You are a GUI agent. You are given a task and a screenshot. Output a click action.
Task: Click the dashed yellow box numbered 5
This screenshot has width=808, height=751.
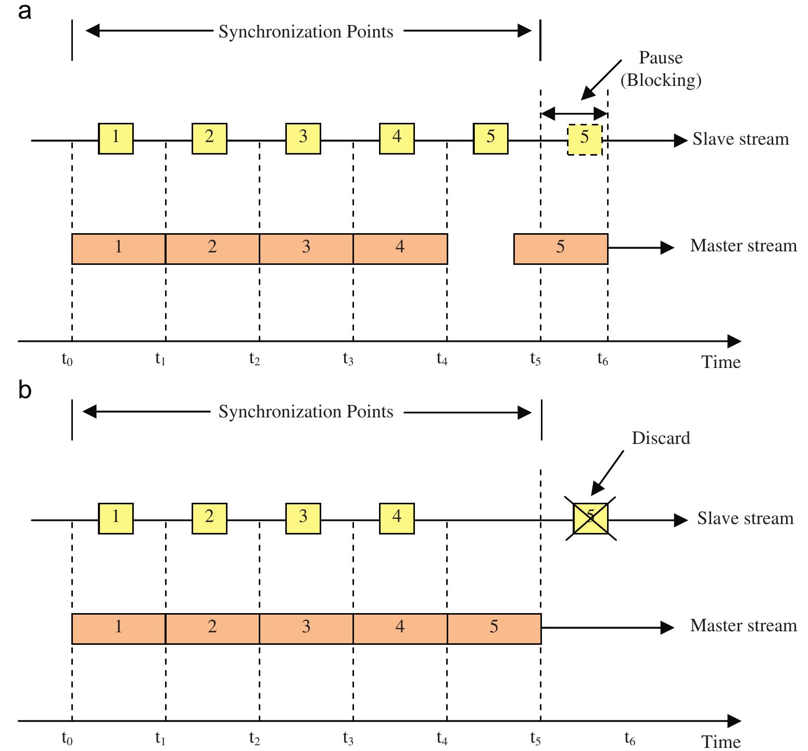[x=585, y=139]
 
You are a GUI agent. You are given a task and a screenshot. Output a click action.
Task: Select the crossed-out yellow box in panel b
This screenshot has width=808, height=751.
[x=590, y=518]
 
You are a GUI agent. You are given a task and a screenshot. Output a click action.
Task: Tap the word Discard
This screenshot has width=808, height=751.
[x=661, y=438]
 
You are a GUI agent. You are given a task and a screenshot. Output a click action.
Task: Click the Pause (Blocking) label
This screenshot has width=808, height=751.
[x=661, y=69]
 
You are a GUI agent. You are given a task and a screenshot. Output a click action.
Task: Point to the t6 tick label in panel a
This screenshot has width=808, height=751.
[x=602, y=359]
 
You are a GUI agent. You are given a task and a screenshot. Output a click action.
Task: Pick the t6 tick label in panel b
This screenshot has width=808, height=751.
[x=629, y=738]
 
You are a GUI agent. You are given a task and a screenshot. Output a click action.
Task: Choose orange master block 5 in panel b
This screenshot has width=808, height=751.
[x=494, y=628]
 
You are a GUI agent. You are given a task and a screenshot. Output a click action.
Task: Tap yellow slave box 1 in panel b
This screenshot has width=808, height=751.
[x=116, y=518]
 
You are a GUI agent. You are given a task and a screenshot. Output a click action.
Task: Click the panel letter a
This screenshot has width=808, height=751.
[x=24, y=11]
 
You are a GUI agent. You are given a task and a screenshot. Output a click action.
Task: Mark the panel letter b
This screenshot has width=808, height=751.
[x=24, y=390]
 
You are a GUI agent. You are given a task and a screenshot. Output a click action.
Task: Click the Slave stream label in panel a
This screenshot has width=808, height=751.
[x=740, y=139]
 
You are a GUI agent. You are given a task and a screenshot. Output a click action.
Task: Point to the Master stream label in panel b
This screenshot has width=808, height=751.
[x=743, y=626]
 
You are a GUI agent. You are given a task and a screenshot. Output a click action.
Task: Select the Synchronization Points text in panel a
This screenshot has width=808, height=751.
[x=306, y=32]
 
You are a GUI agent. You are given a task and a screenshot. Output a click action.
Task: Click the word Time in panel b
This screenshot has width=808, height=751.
[x=721, y=741]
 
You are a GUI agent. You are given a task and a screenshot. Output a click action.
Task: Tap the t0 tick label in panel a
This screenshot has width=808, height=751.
[x=67, y=359]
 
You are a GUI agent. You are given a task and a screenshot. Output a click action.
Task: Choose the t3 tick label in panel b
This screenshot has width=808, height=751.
[x=348, y=738]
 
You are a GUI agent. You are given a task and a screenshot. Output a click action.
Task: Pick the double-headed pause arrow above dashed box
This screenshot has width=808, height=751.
[x=574, y=113]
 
